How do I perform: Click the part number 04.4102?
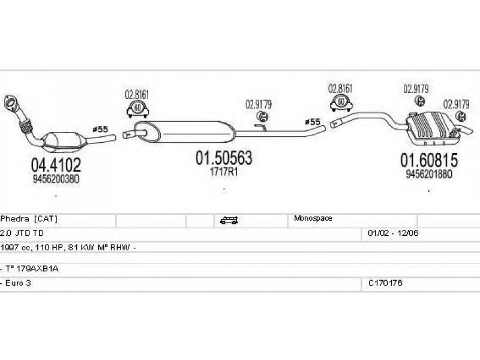pos(56,164)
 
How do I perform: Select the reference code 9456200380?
pos(55,178)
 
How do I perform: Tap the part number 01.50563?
pos(224,158)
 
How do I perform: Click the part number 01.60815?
pos(429,160)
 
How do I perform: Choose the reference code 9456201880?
pos(428,175)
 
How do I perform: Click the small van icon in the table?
pos(228,220)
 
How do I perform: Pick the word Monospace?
pos(313,218)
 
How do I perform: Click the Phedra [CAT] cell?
pos(29,218)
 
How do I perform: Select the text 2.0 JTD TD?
pos(22,232)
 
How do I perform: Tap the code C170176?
pos(385,283)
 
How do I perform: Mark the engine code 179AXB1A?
pos(34,269)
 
